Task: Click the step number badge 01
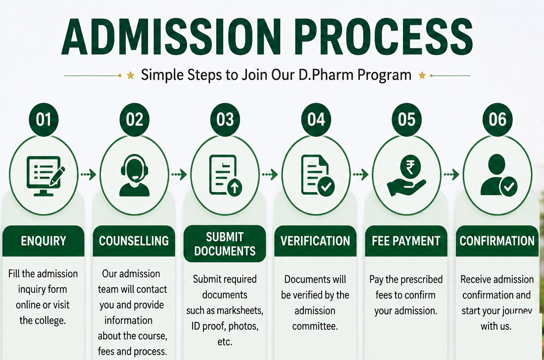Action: click(x=44, y=119)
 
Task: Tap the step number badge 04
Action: click(x=316, y=119)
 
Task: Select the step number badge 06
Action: click(x=497, y=119)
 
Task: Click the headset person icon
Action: click(x=134, y=175)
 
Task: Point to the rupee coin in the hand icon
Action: click(x=410, y=167)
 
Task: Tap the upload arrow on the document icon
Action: click(x=235, y=188)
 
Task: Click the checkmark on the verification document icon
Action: click(x=326, y=187)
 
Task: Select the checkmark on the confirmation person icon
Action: click(x=508, y=187)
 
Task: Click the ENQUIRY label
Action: click(x=44, y=241)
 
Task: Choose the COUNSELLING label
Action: click(x=134, y=241)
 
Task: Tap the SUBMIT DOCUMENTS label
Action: click(x=225, y=244)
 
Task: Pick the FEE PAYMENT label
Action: click(x=406, y=241)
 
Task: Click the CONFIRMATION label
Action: click(x=497, y=241)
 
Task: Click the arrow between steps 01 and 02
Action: click(x=89, y=174)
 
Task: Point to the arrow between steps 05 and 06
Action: click(x=452, y=174)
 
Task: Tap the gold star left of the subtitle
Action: click(x=131, y=75)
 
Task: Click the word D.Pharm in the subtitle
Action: click(x=327, y=75)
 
